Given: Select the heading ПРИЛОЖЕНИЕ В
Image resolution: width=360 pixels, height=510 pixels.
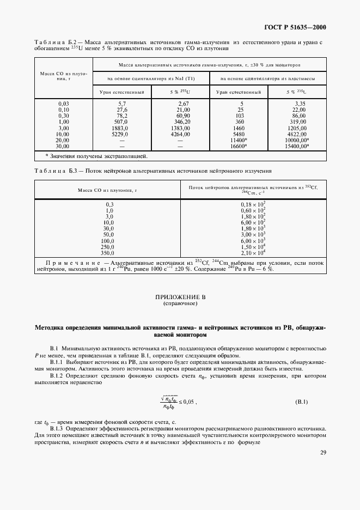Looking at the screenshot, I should [180, 297].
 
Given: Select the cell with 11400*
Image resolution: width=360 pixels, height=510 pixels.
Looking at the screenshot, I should [239, 139].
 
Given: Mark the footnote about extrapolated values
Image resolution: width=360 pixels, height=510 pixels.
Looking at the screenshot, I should [96, 156].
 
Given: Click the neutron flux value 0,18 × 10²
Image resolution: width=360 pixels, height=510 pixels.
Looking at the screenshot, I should [253, 204].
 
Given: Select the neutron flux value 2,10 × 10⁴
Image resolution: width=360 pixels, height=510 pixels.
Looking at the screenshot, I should [253, 253].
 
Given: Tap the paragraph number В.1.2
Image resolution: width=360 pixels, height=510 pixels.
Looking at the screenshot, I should [58, 375].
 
